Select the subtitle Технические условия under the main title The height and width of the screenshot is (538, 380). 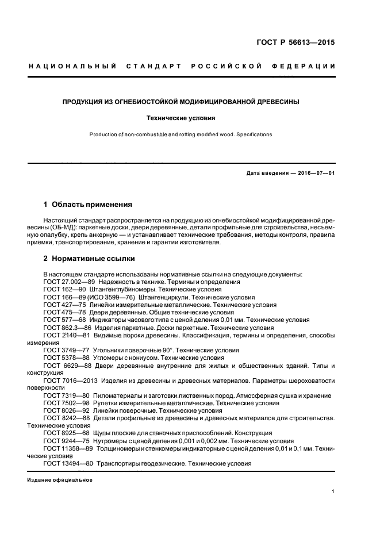click(x=181, y=118)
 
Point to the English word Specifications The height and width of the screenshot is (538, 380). click(x=251, y=134)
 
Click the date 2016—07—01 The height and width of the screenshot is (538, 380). click(x=316, y=173)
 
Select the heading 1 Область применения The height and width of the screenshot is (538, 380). click(x=88, y=204)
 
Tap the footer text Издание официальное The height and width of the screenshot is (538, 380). click(x=60, y=480)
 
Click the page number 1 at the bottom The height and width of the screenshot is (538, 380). click(x=333, y=491)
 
